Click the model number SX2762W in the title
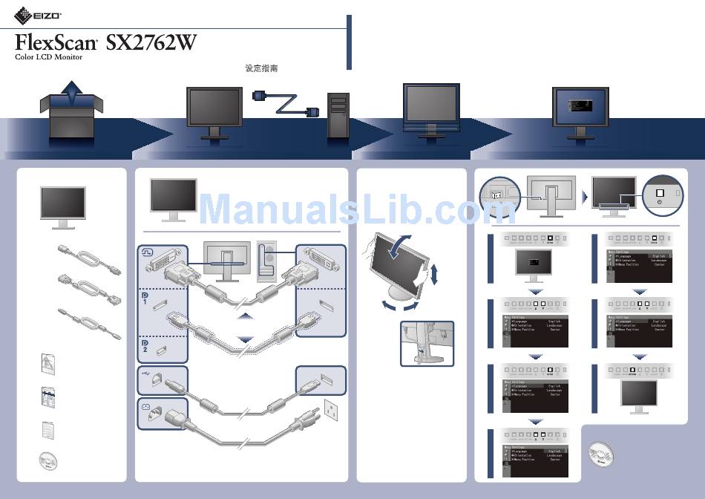click(151, 42)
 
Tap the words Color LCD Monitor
click(49, 57)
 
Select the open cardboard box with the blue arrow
click(71, 111)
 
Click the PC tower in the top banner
click(338, 114)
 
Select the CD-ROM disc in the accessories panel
click(49, 460)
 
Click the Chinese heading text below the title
click(261, 68)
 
